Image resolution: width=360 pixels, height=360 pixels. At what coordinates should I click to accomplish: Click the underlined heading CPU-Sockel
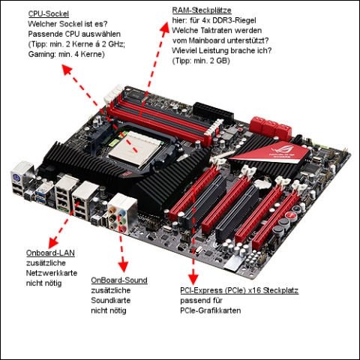pos(49,13)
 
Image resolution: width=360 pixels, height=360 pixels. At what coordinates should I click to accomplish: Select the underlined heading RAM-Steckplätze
pos(202,10)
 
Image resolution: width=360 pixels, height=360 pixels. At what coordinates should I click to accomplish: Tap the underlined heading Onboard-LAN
pos(50,253)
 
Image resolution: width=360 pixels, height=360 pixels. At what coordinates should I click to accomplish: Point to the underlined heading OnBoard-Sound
pos(119,280)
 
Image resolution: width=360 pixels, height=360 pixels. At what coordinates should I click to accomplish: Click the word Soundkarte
pos(111,300)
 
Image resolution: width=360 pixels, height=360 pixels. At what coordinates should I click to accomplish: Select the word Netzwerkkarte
pos(52,273)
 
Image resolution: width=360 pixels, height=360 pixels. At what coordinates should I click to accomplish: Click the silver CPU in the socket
pos(137,149)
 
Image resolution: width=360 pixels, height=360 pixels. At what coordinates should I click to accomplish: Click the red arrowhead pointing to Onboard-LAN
pos(53,242)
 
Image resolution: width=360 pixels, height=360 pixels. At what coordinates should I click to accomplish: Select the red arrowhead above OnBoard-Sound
pos(123,266)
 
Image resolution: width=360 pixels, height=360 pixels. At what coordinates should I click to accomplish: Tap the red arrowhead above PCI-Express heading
pos(193,279)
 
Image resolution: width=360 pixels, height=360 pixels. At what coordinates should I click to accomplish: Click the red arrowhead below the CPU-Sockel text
pos(67,70)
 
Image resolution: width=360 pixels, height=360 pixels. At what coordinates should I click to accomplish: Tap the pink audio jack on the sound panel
pos(122,229)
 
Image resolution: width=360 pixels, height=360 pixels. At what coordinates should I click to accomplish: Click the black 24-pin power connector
pos(213,113)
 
